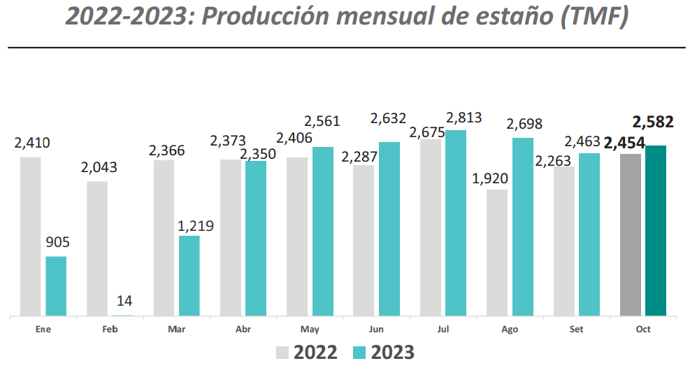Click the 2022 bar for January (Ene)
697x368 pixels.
tap(31, 236)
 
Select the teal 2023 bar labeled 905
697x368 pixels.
tap(56, 285)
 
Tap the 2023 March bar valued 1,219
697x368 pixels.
tap(189, 275)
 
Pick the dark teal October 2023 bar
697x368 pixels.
tap(656, 230)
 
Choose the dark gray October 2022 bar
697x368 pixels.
tap(631, 234)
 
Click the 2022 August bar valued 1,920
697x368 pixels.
tap(497, 252)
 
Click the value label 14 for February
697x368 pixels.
tap(124, 300)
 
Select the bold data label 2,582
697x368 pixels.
tap(653, 122)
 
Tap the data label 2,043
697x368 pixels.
tap(99, 168)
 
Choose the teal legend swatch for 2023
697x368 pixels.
tap(362, 352)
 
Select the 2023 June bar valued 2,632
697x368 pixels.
tap(389, 228)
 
